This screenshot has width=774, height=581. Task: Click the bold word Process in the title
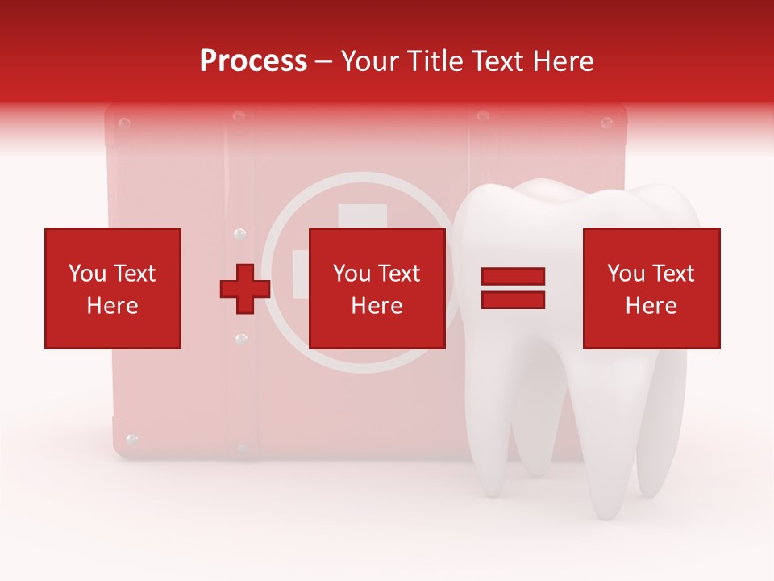[253, 61]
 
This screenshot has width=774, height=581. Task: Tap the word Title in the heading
[434, 61]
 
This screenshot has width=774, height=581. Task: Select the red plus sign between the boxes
[245, 289]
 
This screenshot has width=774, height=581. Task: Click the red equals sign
[513, 288]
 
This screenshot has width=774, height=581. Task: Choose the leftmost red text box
[112, 288]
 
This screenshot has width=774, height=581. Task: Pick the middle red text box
[377, 288]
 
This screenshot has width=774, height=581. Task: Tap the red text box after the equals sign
[651, 288]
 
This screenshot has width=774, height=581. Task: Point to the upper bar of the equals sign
[513, 277]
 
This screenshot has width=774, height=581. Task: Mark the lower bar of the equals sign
[513, 299]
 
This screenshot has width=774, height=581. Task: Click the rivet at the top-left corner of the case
[124, 123]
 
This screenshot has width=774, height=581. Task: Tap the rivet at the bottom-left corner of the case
[132, 441]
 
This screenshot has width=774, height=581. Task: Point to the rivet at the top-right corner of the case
[607, 123]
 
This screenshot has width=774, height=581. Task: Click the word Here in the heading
[563, 61]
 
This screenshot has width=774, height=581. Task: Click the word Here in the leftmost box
[112, 305]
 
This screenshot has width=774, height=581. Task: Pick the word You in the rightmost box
[626, 274]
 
